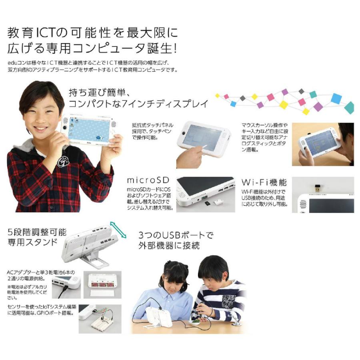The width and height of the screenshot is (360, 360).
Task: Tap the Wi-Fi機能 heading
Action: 264,182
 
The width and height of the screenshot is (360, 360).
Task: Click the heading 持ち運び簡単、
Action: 98,92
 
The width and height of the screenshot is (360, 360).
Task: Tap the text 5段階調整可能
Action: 37,232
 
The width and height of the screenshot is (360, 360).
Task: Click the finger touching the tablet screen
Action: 201,147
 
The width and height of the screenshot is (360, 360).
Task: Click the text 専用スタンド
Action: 32,242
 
